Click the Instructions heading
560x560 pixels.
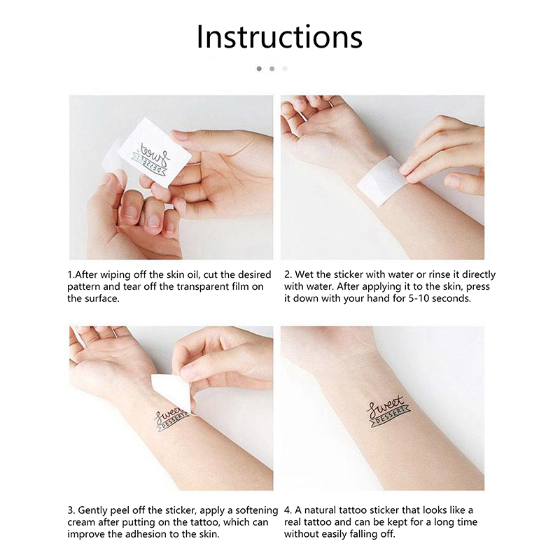279,37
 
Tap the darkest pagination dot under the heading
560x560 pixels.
259,69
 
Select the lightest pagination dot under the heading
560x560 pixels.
285,69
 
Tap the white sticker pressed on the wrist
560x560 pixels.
379,181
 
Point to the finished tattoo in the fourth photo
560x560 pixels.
388,412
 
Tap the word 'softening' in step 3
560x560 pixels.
257,510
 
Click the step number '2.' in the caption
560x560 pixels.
288,274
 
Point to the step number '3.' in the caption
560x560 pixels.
71,510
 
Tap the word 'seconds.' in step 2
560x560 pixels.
451,298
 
